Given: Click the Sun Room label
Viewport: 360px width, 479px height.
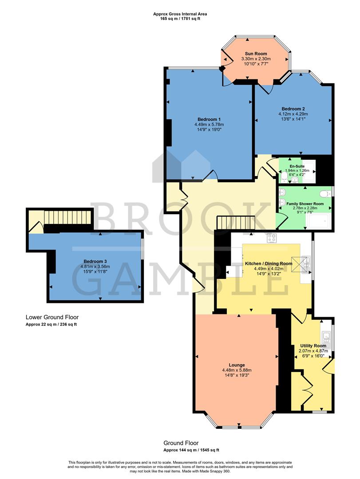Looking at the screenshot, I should tap(256, 53).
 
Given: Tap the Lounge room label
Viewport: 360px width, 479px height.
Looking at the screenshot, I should tap(237, 365).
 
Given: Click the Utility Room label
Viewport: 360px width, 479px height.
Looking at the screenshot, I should tap(313, 346).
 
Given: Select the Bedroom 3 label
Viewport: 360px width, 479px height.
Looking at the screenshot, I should tap(95, 261).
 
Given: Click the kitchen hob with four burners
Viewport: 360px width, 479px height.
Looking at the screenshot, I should tap(271, 238).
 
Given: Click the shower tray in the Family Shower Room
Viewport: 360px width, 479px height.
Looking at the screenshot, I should tap(320, 219).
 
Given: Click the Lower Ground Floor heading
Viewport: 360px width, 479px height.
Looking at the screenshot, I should tap(52, 317).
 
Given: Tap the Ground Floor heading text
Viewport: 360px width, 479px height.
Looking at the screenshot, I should tap(181, 443).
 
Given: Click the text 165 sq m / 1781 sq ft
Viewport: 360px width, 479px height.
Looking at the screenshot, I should tap(180, 19).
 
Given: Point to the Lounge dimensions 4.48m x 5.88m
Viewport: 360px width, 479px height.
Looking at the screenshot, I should tap(237, 370).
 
